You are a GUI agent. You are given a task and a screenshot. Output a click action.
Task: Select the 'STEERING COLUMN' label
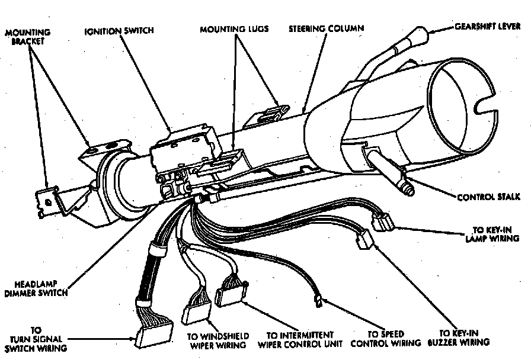(327, 28)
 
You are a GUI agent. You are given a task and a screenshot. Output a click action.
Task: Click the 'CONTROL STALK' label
(488, 197)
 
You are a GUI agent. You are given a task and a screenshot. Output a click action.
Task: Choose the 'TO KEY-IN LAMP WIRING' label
(495, 234)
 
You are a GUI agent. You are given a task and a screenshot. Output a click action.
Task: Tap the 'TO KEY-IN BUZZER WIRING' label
(464, 337)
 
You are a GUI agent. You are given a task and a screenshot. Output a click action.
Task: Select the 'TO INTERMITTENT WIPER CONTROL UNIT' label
(300, 339)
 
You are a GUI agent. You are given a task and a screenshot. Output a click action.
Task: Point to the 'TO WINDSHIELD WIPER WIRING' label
(218, 340)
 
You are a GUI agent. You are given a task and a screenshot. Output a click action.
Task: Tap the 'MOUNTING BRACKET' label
(28, 36)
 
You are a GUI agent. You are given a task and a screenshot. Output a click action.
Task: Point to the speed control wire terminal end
(319, 303)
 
